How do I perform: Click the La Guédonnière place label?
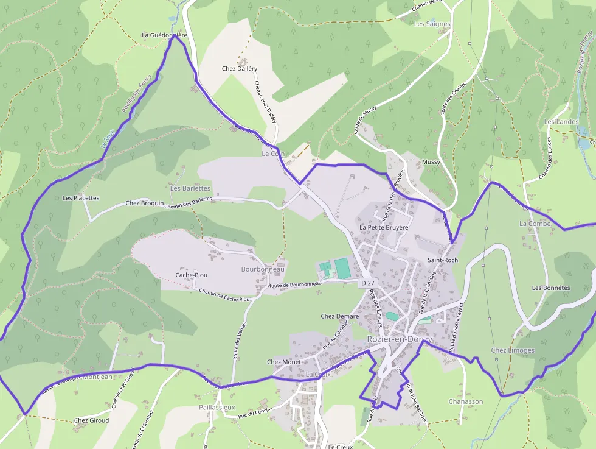tap(164, 35)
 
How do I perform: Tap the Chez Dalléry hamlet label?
tap(240, 69)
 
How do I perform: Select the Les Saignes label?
tap(432, 24)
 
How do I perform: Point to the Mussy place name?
tap(431, 163)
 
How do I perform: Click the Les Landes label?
tap(561, 122)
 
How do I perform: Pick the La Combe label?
tap(535, 224)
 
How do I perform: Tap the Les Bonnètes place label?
tap(551, 288)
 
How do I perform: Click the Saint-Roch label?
tap(443, 260)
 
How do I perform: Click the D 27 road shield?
tap(368, 283)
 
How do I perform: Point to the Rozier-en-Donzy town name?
tap(399, 339)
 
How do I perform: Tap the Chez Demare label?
tap(339, 316)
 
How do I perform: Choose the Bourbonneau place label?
tap(263, 269)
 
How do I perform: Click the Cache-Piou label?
tap(191, 275)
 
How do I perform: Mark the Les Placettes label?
tap(81, 198)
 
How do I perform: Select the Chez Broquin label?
tap(145, 203)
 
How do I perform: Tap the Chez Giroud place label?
tap(91, 420)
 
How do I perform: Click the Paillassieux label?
tap(217, 407)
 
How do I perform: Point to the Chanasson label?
tap(466, 401)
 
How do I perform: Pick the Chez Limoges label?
tap(513, 350)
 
